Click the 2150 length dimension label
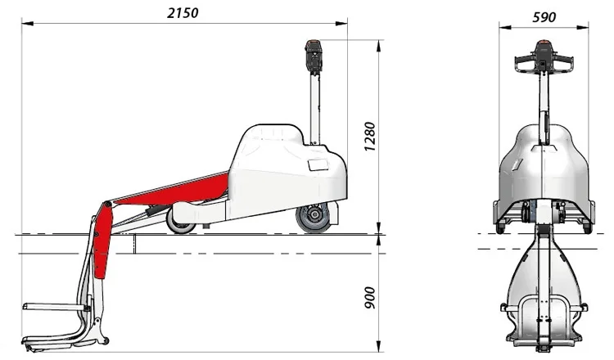click(x=183, y=13)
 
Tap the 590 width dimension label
click(x=544, y=17)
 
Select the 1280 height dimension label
click(x=370, y=137)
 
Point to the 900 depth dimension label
click(x=370, y=298)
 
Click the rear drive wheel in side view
click(x=314, y=217)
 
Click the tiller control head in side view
click(x=314, y=56)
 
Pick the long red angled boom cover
click(x=172, y=191)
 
